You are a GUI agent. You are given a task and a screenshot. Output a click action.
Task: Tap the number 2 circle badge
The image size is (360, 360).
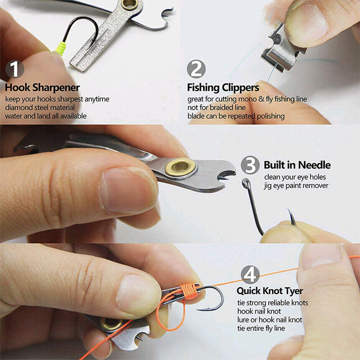pyautogui.click(x=196, y=69)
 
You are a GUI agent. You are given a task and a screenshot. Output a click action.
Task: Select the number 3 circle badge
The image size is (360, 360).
pyautogui.click(x=250, y=165)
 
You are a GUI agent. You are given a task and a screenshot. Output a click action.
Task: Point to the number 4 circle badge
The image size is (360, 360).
pyautogui.click(x=250, y=275)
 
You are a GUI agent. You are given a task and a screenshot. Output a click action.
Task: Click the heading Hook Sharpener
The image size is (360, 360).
pyautogui.click(x=42, y=87)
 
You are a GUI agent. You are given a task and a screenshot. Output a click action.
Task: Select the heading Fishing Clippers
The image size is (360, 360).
pyautogui.click(x=223, y=87)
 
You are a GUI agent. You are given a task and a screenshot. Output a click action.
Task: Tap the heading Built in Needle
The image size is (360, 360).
pyautogui.click(x=297, y=165)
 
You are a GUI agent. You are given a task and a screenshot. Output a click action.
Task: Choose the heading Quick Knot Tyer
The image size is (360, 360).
pyautogui.click(x=270, y=291)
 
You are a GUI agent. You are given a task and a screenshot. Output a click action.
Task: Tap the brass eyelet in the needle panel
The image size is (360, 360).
pyautogui.click(x=180, y=167)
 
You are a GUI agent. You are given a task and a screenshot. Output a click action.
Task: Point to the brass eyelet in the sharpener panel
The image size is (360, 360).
pyautogui.click(x=130, y=4)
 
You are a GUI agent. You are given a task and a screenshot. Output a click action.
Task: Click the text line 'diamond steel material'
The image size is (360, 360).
pyautogui.click(x=40, y=107)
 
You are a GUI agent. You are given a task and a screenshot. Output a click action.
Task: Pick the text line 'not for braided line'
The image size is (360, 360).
pyautogui.click(x=217, y=107)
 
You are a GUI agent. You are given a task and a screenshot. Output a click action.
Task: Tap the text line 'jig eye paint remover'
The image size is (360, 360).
pyautogui.click(x=296, y=186)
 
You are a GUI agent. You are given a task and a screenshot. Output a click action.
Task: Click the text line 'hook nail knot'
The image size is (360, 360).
pyautogui.click(x=259, y=311)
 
